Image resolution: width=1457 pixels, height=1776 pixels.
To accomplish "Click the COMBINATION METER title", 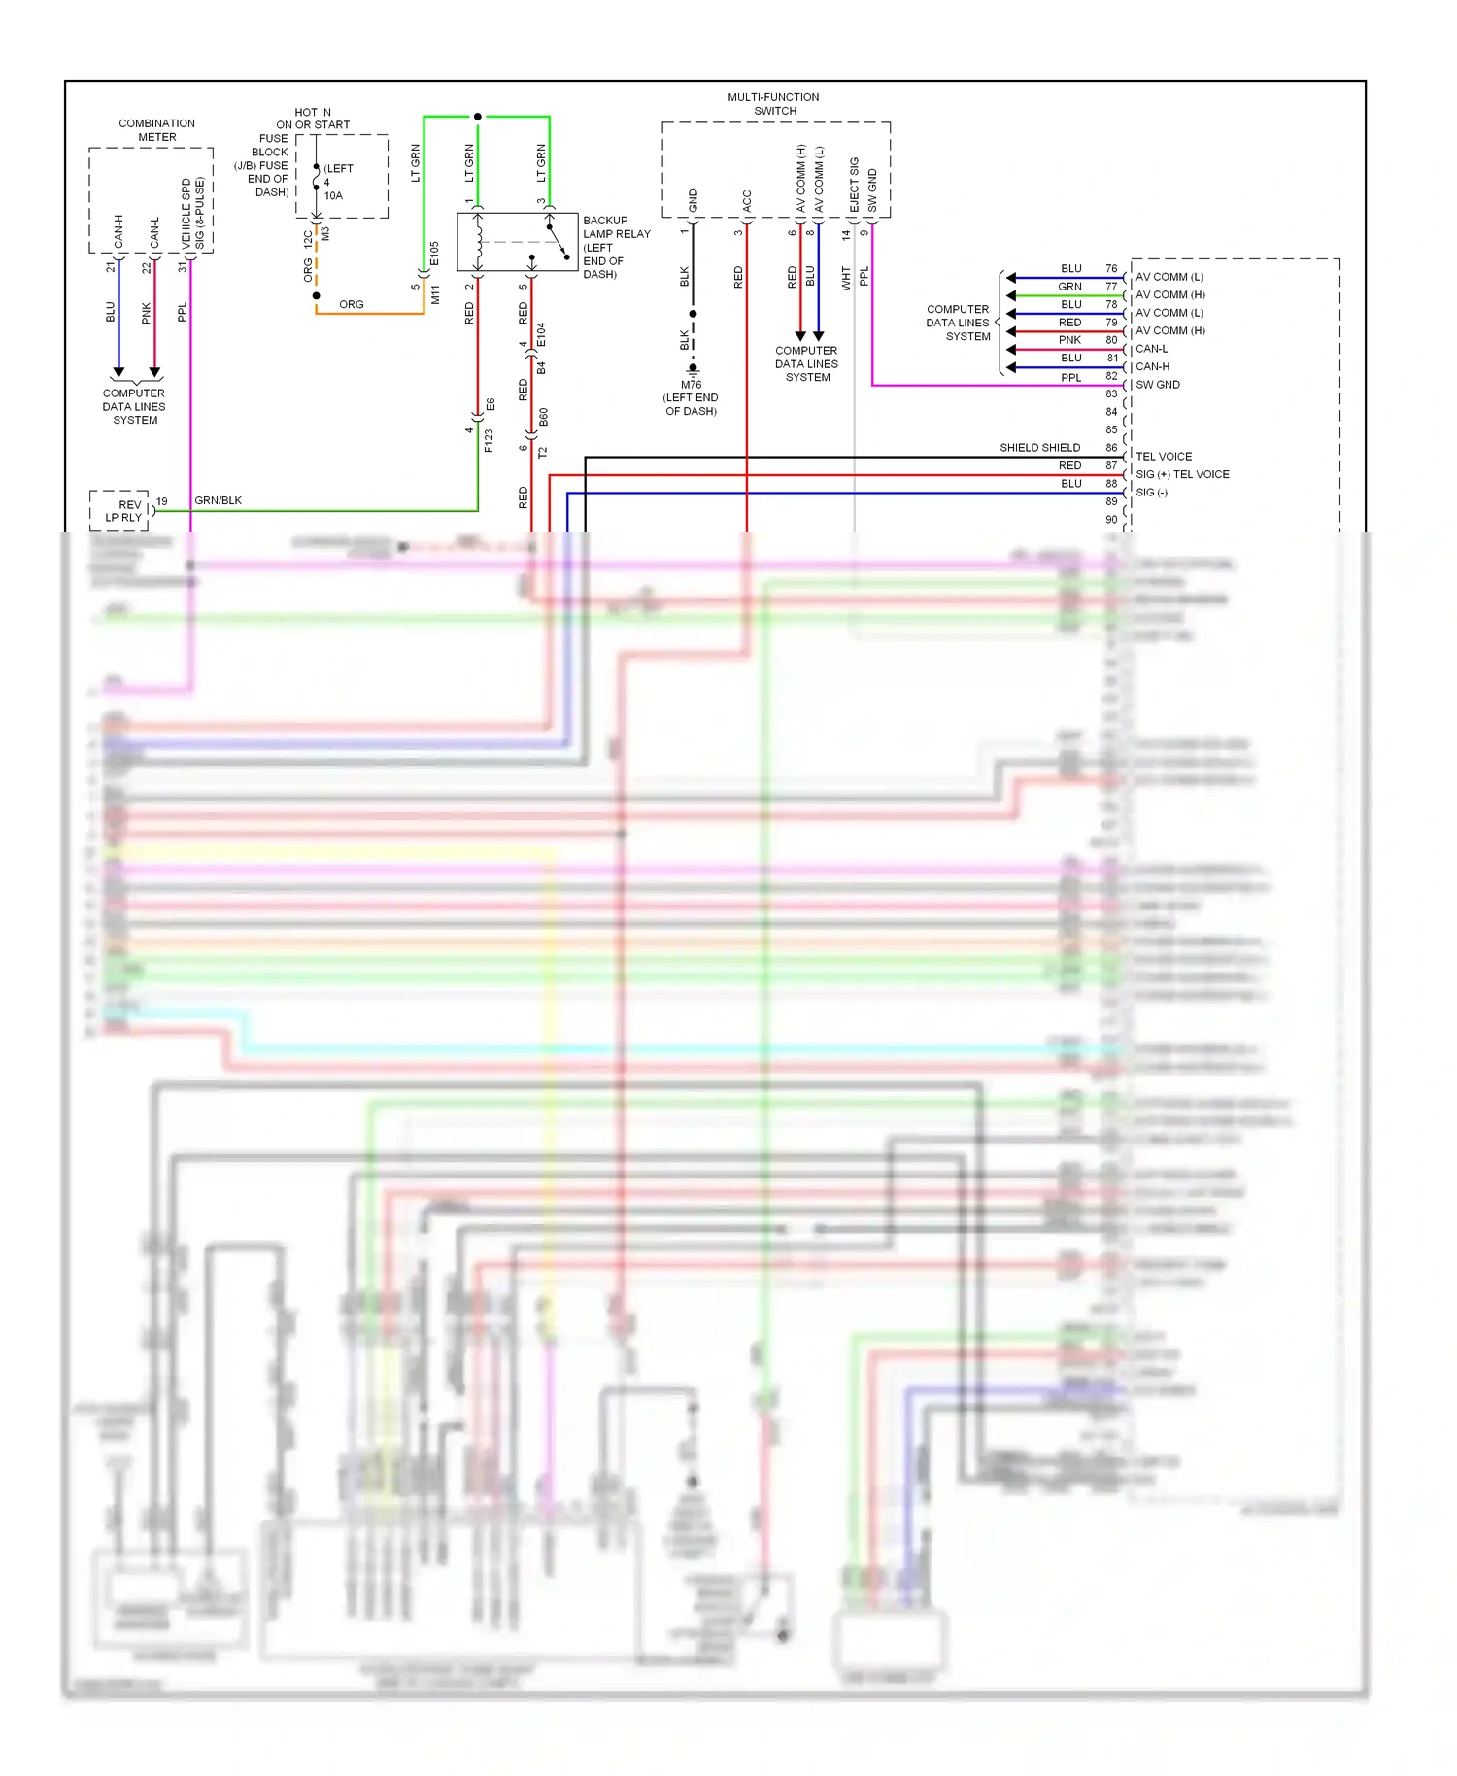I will pyautogui.click(x=156, y=130).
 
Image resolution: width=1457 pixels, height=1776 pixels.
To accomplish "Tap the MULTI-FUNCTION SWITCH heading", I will pyautogui.click(x=773, y=104).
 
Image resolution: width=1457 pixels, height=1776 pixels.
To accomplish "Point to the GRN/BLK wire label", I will pyautogui.click(x=218, y=500).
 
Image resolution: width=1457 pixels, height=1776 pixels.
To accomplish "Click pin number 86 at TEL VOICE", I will pyautogui.click(x=1111, y=448).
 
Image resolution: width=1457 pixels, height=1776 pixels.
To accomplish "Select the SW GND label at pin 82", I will pyautogui.click(x=1158, y=385).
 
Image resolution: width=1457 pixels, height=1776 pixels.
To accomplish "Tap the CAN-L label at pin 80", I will pyautogui.click(x=1151, y=349).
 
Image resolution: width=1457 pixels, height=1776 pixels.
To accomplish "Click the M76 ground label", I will pyautogui.click(x=691, y=385).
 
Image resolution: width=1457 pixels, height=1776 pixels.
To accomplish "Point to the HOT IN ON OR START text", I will pyautogui.click(x=312, y=119).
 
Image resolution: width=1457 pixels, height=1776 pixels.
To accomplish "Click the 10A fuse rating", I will pyautogui.click(x=333, y=195).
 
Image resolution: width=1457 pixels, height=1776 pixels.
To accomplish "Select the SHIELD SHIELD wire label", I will pyautogui.click(x=1039, y=448).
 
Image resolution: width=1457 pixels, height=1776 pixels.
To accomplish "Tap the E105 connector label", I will pyautogui.click(x=434, y=254).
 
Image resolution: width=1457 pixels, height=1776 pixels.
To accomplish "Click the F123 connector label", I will pyautogui.click(x=489, y=440).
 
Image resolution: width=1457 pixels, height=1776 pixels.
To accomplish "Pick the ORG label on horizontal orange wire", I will pyautogui.click(x=351, y=304).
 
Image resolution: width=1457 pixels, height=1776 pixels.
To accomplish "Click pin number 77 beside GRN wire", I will pyautogui.click(x=1111, y=287).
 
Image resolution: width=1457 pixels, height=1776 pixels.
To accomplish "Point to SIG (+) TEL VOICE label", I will pyautogui.click(x=1182, y=474).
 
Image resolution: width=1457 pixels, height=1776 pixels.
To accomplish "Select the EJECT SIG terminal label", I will pyautogui.click(x=854, y=185).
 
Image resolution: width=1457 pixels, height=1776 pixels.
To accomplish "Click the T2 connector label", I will pyautogui.click(x=543, y=452).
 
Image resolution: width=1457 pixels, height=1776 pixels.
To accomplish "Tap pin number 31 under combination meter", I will pyautogui.click(x=182, y=266).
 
